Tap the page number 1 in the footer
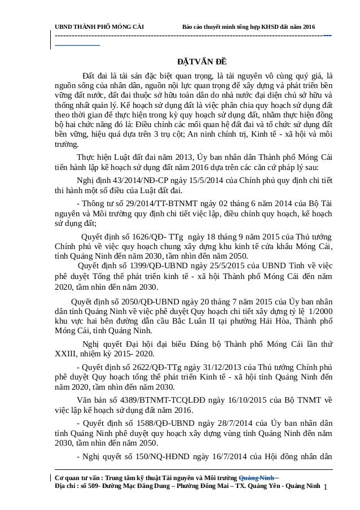(x=326, y=485)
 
